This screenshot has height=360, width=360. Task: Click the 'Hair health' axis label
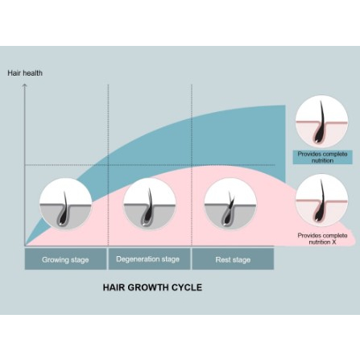(25, 73)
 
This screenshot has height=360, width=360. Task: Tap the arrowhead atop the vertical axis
(25, 85)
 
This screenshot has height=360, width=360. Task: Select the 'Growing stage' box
(65, 259)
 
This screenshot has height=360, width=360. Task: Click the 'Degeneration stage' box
(149, 259)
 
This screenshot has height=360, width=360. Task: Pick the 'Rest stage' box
(233, 259)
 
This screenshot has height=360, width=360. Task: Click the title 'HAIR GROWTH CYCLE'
(152, 288)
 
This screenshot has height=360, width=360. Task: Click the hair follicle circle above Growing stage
(66, 204)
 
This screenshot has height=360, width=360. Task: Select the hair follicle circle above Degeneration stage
(150, 204)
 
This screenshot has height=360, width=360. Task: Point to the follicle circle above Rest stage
(230, 204)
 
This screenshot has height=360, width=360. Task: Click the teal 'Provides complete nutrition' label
(322, 157)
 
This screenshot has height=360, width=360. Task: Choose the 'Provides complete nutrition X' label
(322, 238)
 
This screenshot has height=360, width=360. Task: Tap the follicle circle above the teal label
(321, 122)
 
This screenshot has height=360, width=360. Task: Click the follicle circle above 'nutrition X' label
(321, 201)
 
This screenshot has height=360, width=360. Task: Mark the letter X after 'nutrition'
(333, 242)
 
